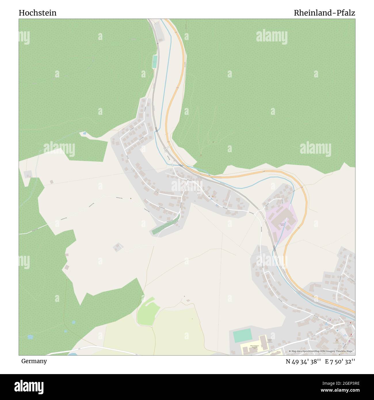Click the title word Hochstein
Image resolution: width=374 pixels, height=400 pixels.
coord(38,13)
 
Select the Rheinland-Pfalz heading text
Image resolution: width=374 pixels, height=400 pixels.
coord(324,13)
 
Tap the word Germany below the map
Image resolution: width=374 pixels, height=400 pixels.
coord(34,361)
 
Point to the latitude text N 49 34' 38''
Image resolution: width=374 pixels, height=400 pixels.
coord(304,361)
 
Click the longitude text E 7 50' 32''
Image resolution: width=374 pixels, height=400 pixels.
coord(340,361)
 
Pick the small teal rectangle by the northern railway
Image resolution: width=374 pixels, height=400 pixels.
coord(155,62)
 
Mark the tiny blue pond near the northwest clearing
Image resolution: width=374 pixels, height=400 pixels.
coord(84,133)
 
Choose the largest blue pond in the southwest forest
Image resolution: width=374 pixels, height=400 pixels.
coord(30,336)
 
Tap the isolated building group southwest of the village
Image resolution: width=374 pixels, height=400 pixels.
coord(118,247)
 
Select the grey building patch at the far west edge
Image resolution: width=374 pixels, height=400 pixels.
coord(28,174)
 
